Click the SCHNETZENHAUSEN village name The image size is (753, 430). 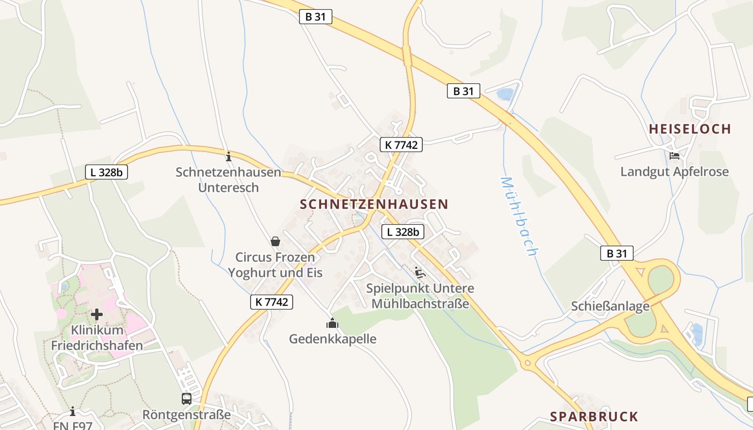[374, 204]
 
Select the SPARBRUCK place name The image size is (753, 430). [594, 417]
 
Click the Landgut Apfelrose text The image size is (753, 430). [674, 172]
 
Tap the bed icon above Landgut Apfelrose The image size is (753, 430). [674, 156]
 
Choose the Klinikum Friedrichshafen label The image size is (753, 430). [97, 338]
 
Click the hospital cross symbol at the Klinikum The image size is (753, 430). [97, 314]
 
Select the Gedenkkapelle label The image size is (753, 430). [332, 339]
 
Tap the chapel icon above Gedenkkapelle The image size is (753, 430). [332, 323]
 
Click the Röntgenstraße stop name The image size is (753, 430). [186, 415]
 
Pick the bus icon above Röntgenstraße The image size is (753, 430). [186, 399]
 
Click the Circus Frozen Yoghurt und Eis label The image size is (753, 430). [275, 265]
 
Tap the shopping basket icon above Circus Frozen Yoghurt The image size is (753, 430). [275, 241]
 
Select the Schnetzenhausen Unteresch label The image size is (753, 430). [229, 180]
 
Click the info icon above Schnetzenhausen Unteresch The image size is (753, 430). [229, 156]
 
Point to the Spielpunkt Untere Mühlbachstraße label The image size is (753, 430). [420, 296]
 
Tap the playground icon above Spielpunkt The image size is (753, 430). [420, 273]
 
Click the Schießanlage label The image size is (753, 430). [610, 306]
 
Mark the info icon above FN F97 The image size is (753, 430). [73, 412]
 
